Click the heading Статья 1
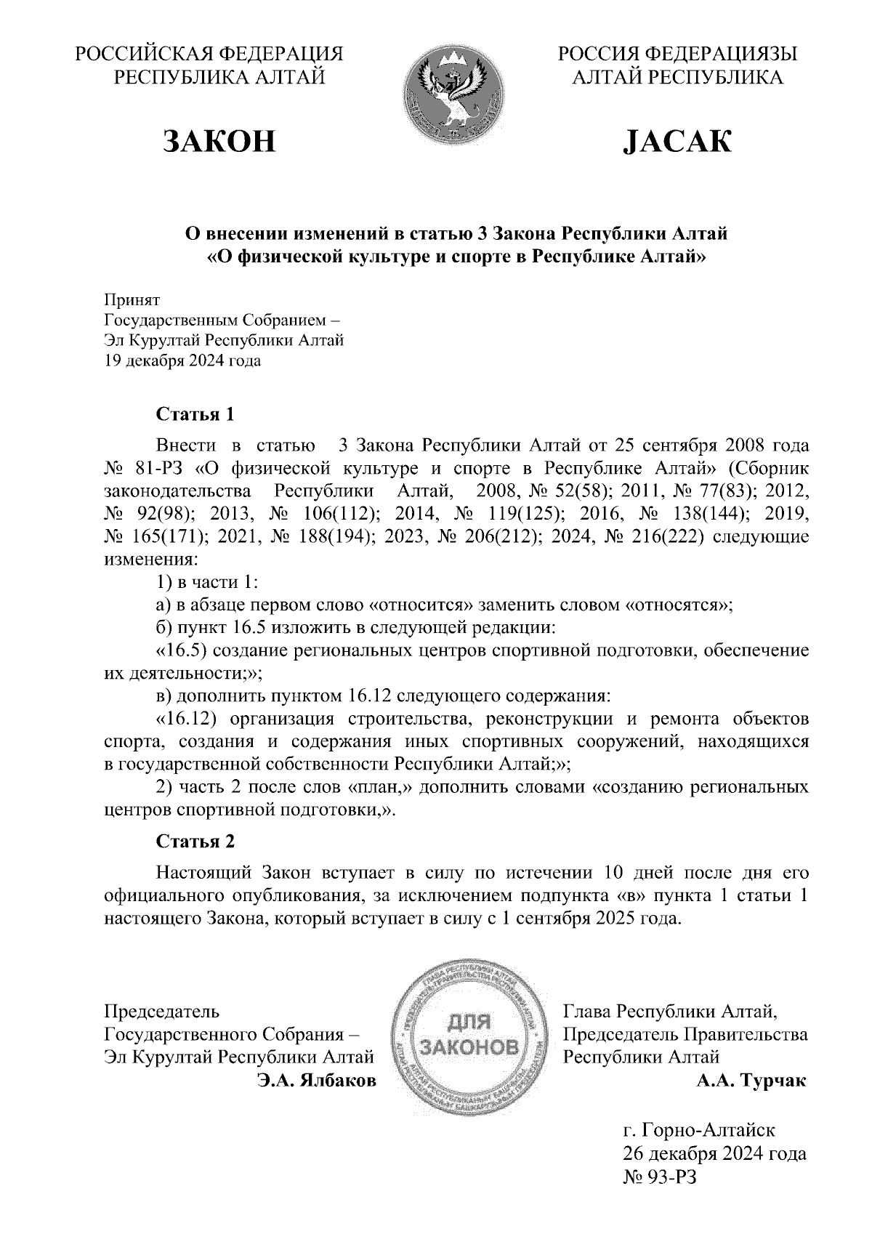[195, 414]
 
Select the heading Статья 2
[195, 842]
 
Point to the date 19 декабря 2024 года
[182, 360]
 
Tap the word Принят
[132, 299]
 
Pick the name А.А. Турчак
[751, 1081]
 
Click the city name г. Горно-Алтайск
[698, 1130]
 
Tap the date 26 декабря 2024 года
[714, 1153]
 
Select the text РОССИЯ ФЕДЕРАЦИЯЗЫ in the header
[677, 54]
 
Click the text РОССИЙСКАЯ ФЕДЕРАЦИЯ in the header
[210, 54]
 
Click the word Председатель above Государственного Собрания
[162, 1011]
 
